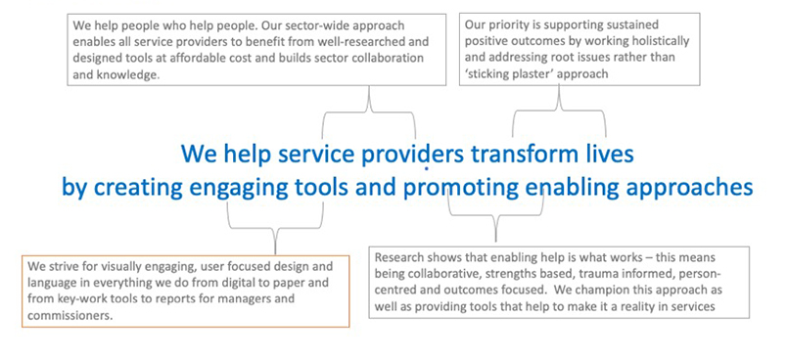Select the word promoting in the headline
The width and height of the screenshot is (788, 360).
point(461,189)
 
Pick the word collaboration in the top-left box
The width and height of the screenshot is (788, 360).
point(391,58)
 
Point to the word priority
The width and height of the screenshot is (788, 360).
point(504,25)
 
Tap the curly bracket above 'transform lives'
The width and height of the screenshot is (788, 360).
point(559,110)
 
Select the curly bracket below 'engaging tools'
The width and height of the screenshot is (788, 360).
point(275,228)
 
